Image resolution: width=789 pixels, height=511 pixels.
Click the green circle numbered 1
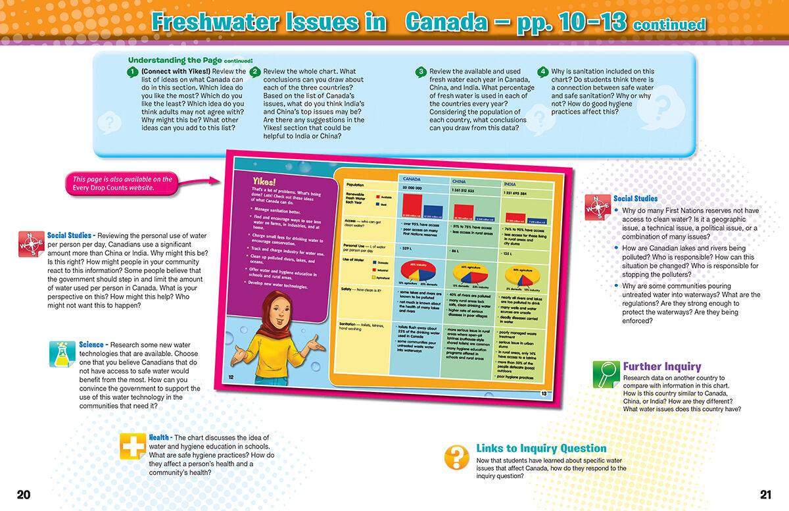pyautogui.click(x=133, y=72)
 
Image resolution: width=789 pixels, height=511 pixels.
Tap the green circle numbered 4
pyautogui.click(x=542, y=72)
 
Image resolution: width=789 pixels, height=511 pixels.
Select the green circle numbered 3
pyautogui.click(x=421, y=72)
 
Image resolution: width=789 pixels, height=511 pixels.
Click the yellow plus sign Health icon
pyautogui.click(x=133, y=447)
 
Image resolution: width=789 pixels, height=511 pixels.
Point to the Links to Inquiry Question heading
pyautogui.click(x=540, y=449)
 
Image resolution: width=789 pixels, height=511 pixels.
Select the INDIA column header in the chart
pyautogui.click(x=510, y=183)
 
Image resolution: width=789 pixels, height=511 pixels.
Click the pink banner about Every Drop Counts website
pyautogui.click(x=122, y=183)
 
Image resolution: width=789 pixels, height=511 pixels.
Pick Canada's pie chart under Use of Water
pyautogui.click(x=414, y=272)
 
